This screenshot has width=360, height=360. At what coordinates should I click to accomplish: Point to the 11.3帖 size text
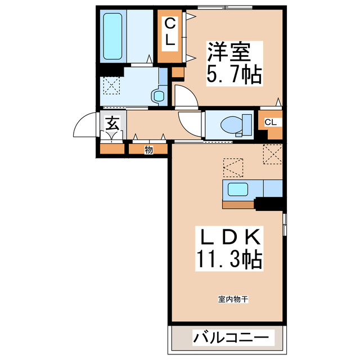coord(228,259)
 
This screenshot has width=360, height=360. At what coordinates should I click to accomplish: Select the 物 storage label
coord(148,150)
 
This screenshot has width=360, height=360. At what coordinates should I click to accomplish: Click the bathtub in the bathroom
coord(114,37)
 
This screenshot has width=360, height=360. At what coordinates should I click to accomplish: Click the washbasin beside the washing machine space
coord(157,96)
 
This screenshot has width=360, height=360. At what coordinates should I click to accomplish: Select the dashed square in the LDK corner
coord(272,154)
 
